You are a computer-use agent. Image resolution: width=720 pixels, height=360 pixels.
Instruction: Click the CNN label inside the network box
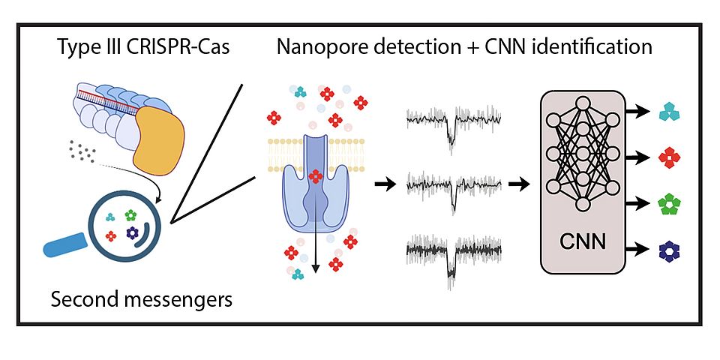tap(581, 244)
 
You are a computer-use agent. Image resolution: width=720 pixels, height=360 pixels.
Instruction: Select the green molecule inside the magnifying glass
tap(131, 214)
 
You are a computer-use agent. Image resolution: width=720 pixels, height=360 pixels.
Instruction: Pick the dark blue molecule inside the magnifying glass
tap(133, 234)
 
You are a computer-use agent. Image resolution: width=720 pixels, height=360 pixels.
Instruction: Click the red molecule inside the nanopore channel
tap(316, 176)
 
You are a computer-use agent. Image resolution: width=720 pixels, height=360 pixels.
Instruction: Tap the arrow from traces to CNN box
tap(517, 184)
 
